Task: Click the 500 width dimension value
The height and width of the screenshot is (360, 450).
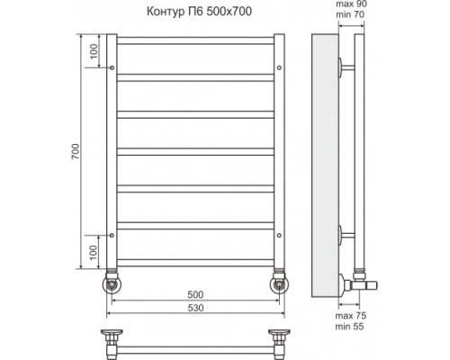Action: point(194,294)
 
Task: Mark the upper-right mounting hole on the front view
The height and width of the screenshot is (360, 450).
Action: point(280,67)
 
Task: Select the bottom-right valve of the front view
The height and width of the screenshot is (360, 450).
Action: point(279,283)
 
